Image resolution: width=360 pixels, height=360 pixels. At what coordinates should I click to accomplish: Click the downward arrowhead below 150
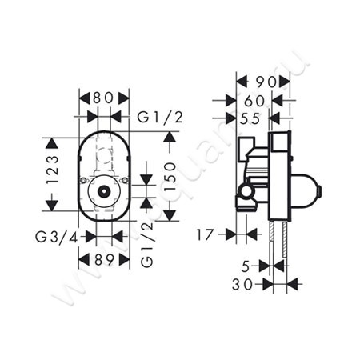(x=170, y=216)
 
